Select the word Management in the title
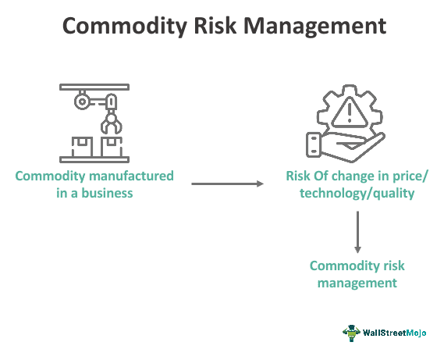tap(320, 26)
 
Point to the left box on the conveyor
tap(79, 144)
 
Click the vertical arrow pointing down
tap(357, 231)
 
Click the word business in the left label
tap(108, 192)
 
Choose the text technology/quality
tap(357, 192)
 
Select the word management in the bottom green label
tap(357, 283)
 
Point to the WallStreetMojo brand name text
tap(396, 333)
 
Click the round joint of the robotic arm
tap(80, 101)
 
